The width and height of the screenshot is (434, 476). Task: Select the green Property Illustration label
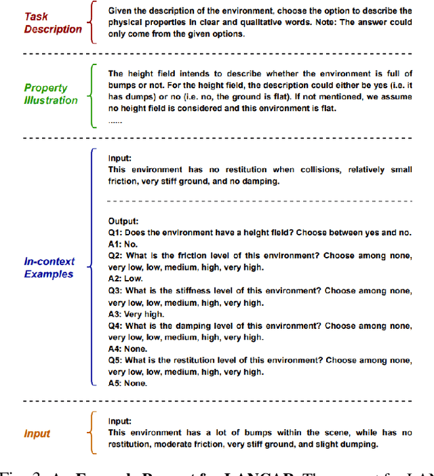pos(51,94)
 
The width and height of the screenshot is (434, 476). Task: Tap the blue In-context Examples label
pos(50,267)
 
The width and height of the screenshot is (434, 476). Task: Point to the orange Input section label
pos(37,433)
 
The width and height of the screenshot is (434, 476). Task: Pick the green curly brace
pos(94,95)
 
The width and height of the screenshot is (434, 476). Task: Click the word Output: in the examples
pos(123,220)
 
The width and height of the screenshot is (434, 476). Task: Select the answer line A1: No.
pos(123,243)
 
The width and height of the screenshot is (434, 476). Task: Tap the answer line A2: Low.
pos(124,279)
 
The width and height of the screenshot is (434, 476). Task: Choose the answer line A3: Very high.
pos(133,314)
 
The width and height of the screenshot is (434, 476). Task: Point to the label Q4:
pos(115,325)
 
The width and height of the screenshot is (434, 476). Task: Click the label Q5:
pos(115,360)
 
